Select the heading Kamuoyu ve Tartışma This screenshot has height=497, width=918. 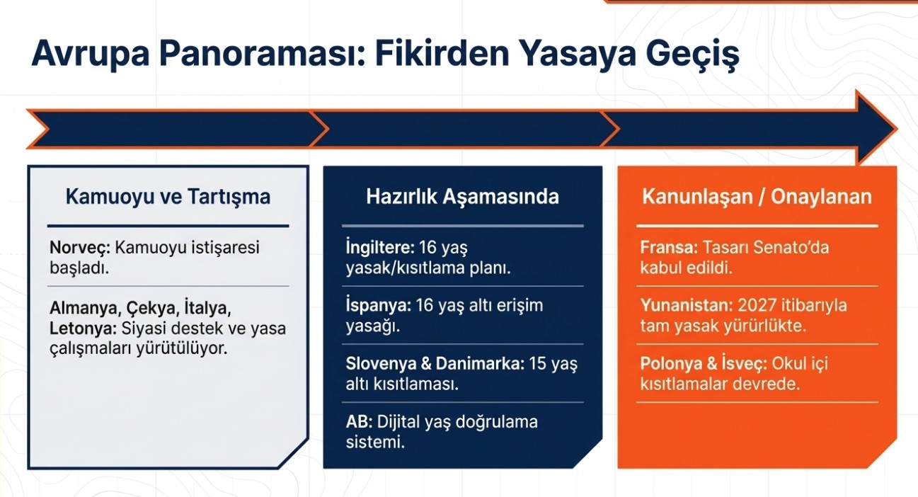(x=168, y=196)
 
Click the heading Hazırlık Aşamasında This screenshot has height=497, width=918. (x=462, y=196)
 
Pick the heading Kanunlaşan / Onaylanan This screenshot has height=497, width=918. (x=757, y=196)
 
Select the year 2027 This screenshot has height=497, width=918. (x=757, y=306)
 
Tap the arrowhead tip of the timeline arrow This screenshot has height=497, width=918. (x=897, y=129)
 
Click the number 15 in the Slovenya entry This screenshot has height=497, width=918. (x=537, y=364)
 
